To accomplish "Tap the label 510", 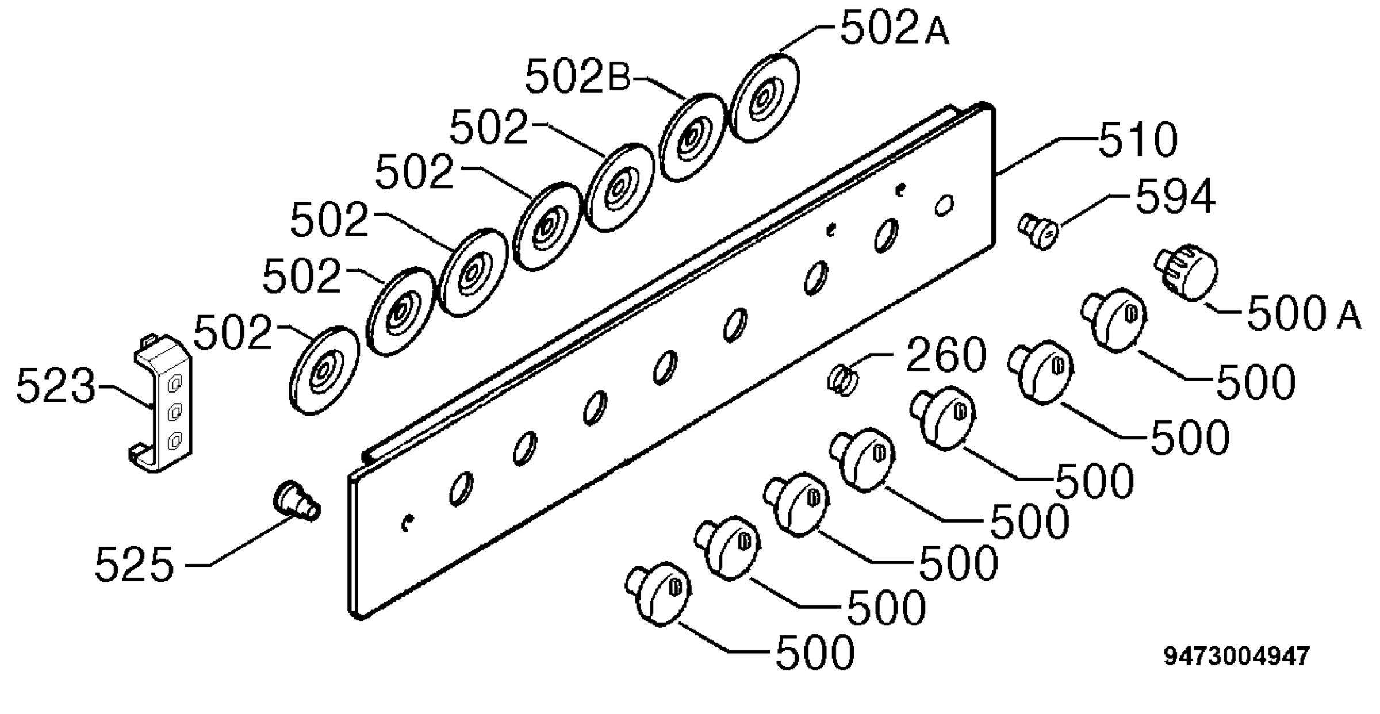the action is click(x=1138, y=140).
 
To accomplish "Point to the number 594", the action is click(x=1175, y=197).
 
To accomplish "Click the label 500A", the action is click(x=1304, y=314).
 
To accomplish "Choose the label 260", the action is click(x=946, y=355).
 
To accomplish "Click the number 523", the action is click(x=56, y=385).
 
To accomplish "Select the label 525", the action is click(x=134, y=565).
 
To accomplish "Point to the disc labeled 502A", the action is click(x=764, y=98).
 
